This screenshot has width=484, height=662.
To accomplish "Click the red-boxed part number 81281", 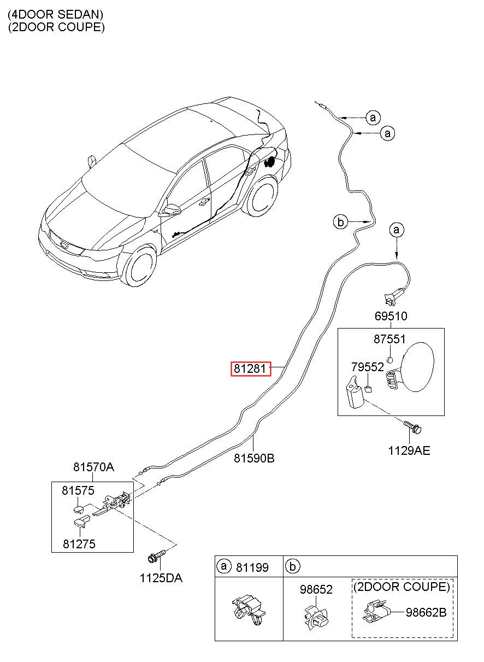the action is [x=250, y=368].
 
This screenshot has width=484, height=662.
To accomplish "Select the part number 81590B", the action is [x=254, y=458].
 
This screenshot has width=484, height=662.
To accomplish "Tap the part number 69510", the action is [x=391, y=316].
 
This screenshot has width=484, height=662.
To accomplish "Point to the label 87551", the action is [x=389, y=339].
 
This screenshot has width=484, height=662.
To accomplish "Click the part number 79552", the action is [x=367, y=367].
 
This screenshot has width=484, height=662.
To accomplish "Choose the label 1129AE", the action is [x=409, y=450].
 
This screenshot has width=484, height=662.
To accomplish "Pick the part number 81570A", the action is [x=93, y=467].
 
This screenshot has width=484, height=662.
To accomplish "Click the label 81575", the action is [x=78, y=490].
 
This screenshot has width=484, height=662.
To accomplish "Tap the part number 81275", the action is [x=79, y=544].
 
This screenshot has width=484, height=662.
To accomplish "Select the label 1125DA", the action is [x=161, y=578].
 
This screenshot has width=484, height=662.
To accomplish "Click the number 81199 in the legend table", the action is [x=252, y=567].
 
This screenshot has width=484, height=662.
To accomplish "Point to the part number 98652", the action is [x=316, y=589].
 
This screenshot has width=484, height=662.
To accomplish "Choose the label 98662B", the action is [x=426, y=612].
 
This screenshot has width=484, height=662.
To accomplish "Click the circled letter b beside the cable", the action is [x=340, y=221].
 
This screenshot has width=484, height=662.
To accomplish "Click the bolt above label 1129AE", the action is [x=412, y=427].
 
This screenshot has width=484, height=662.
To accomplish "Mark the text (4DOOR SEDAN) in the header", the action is [x=56, y=14].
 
